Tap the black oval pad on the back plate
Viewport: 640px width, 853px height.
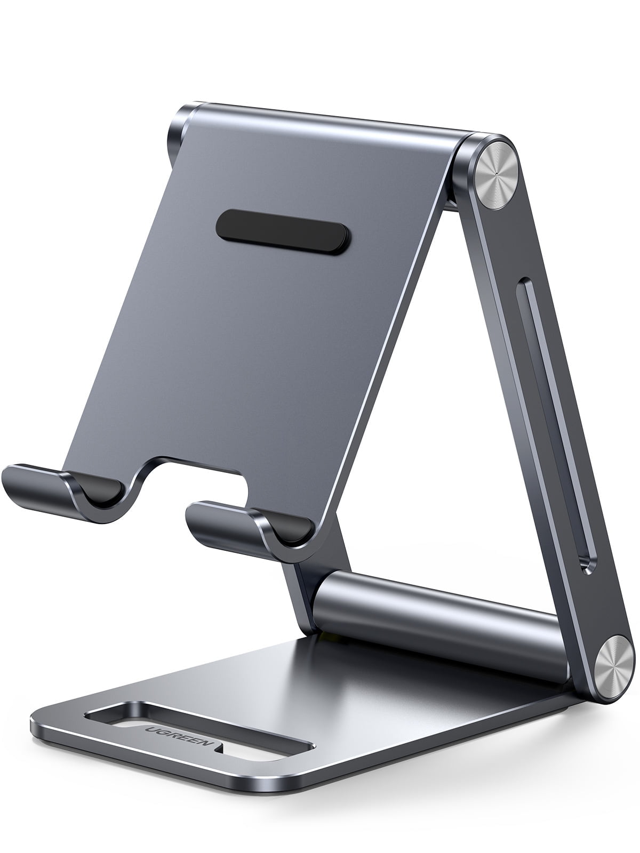[283, 232]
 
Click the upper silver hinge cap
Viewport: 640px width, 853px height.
[497, 175]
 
